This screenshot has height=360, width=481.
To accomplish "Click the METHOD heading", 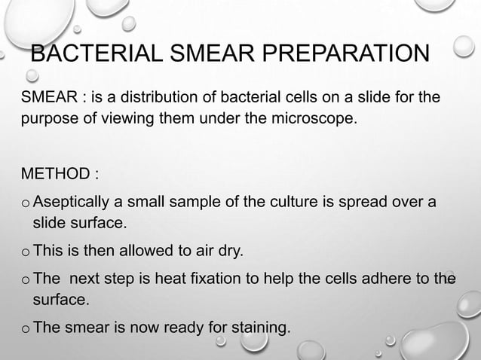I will pyautogui.click(x=59, y=175).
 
